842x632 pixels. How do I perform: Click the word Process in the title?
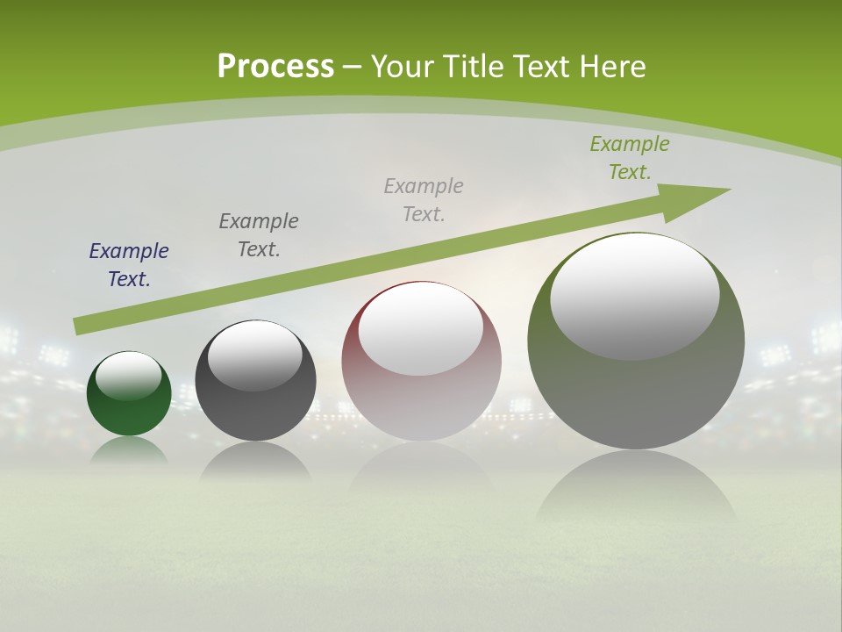coord(275,67)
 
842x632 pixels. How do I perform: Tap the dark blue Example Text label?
coord(129,265)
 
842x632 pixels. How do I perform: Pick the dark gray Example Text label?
coord(259,235)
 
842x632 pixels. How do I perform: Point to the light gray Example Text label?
coord(424,199)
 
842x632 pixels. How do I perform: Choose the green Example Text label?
coord(630,158)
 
